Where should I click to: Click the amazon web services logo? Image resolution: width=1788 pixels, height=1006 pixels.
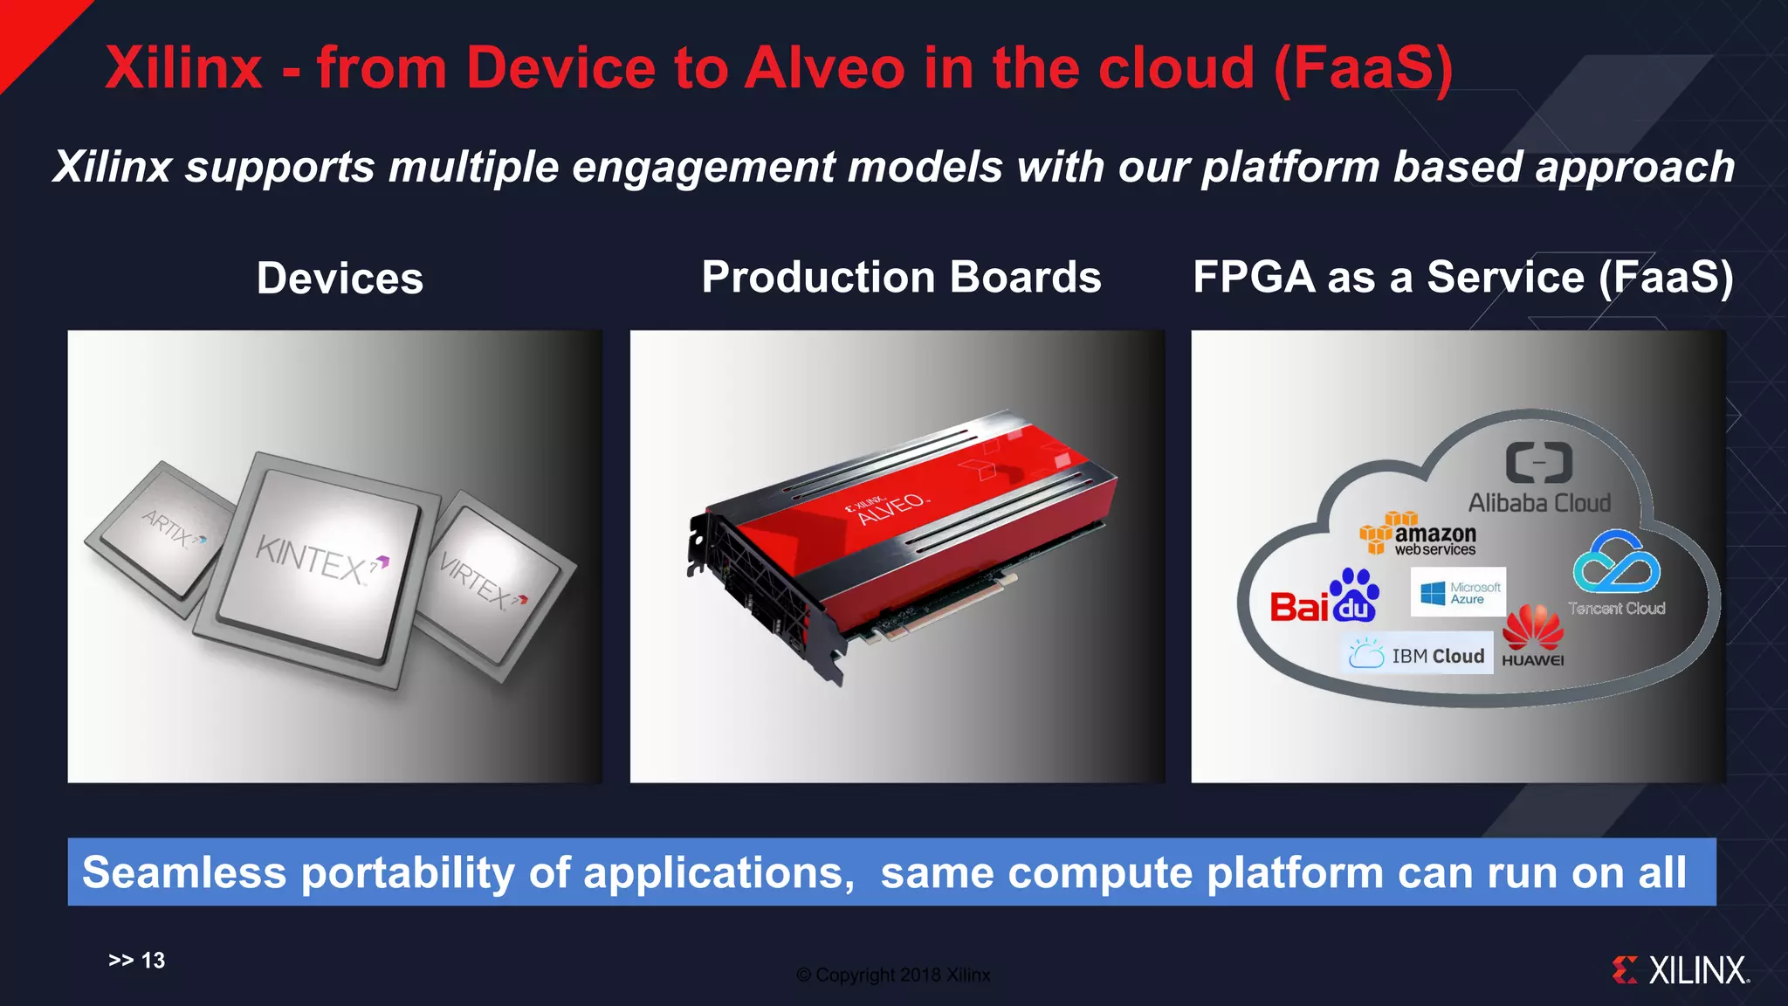1419,534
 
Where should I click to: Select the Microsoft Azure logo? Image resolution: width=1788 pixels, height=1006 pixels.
1458,593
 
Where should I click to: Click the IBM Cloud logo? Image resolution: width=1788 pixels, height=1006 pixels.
1417,655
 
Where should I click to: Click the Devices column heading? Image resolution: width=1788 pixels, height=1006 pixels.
340,279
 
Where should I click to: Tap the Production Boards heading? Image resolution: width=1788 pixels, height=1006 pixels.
901,277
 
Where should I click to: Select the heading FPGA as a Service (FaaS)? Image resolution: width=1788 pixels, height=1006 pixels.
1463,277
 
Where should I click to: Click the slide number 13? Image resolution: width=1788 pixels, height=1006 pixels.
153,961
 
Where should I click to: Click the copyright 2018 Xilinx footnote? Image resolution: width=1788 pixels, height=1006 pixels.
893,975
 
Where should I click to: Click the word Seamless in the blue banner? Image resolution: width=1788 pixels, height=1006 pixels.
184,872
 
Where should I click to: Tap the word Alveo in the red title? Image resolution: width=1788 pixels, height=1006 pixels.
824,68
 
